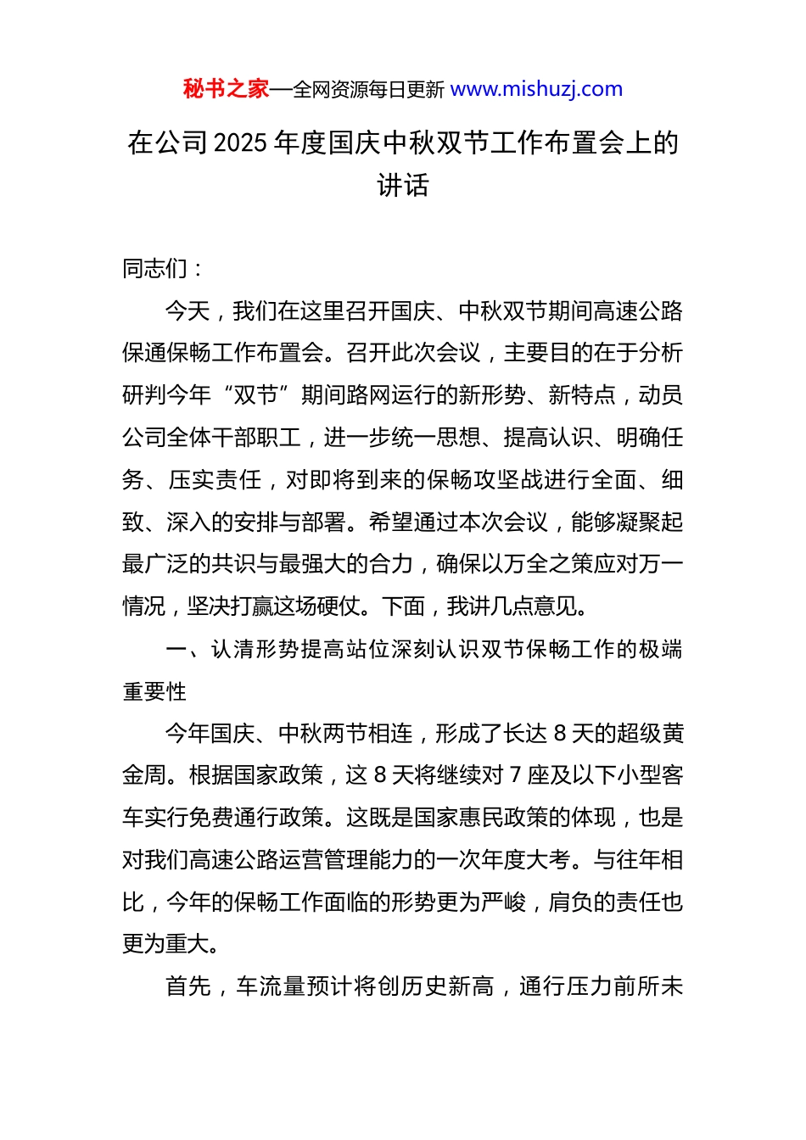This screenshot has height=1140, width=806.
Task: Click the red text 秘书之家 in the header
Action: pos(226,89)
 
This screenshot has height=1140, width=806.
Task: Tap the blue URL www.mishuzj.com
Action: pos(536,89)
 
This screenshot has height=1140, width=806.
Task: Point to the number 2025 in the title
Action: pos(241,142)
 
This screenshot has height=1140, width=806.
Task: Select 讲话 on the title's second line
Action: pos(403,185)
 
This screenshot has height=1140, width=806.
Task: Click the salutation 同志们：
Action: pos(162,269)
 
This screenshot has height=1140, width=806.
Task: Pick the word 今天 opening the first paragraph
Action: pos(188,311)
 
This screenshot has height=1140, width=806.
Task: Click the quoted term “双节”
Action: pos(255,395)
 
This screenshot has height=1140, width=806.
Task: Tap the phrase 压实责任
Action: pos(215,480)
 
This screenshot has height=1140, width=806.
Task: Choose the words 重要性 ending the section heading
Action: pos(154,692)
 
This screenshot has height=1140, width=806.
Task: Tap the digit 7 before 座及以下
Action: pos(515,775)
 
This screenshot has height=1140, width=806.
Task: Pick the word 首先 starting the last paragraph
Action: pos(188,986)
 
